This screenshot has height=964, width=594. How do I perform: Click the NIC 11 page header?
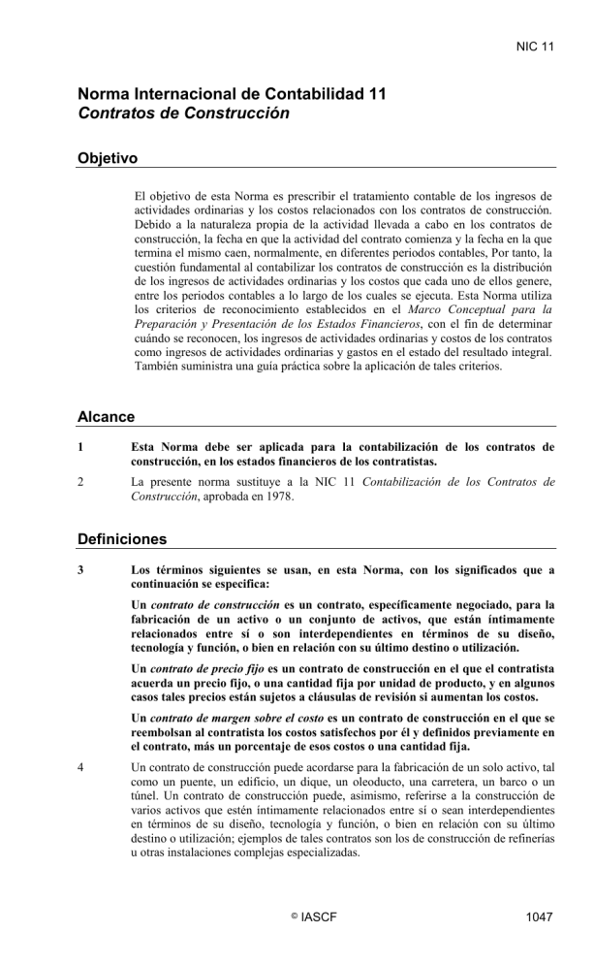click(x=535, y=46)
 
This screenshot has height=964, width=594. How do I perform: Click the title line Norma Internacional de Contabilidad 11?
click(x=233, y=94)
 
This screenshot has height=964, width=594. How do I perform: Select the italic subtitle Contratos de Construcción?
click(x=184, y=112)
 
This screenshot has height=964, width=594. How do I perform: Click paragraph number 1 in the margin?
click(x=81, y=447)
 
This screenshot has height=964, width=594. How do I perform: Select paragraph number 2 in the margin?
click(x=81, y=481)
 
